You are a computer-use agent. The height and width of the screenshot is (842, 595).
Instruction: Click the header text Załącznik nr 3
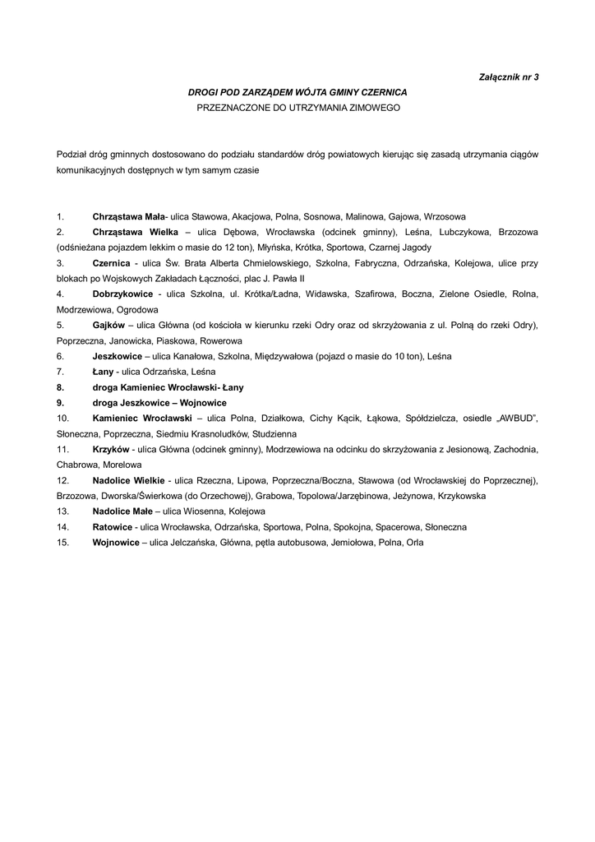(508, 76)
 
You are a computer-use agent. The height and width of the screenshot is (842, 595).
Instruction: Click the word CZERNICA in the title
(380, 92)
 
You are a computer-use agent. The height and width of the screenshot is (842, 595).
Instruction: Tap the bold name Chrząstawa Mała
(128, 216)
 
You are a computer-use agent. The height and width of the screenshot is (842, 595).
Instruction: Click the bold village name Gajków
(108, 325)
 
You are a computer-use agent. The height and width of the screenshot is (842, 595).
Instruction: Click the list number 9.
(60, 402)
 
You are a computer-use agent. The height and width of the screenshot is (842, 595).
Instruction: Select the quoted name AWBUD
(511, 419)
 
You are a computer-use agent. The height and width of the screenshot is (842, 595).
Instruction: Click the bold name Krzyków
(112, 449)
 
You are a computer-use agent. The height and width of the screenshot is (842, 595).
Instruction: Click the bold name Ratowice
(113, 527)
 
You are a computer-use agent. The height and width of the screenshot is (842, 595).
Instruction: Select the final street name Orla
(415, 543)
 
